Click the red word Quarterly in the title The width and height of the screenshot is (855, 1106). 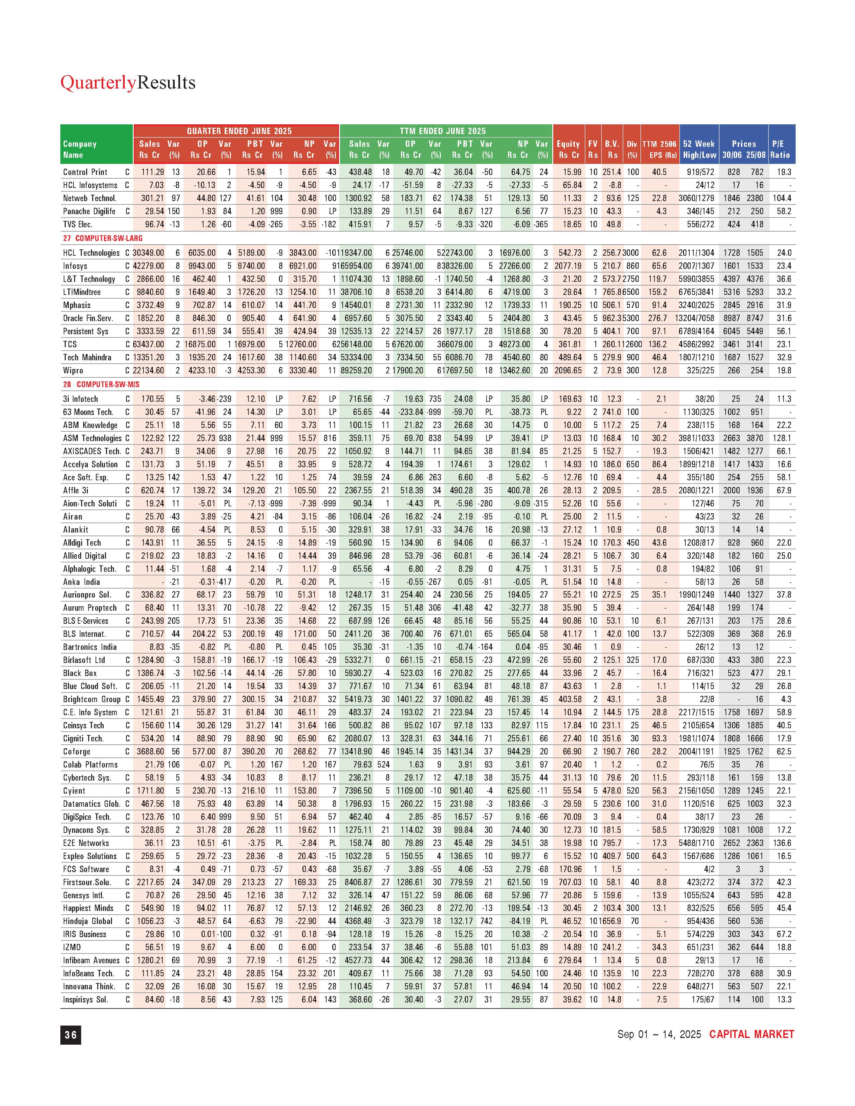tap(98, 82)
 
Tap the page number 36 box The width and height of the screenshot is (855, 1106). tap(70, 1035)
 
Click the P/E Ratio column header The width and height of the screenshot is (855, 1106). tap(781, 149)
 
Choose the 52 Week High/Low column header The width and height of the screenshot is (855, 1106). tap(699, 149)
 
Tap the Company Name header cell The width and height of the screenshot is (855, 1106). tap(80, 149)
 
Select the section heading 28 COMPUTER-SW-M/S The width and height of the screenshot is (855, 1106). tap(101, 384)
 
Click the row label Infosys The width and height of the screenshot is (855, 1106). tap(75, 266)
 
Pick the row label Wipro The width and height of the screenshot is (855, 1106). tap(73, 370)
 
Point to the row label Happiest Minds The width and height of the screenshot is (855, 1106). tap(88, 908)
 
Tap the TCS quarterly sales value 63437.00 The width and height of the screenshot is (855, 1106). tap(149, 344)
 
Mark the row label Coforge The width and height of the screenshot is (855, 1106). tap(76, 751)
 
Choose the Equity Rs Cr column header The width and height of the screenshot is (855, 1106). tap(568, 149)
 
